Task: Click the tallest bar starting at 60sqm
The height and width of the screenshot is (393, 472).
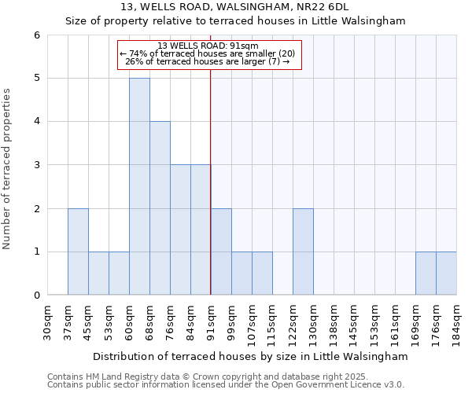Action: click(139, 186)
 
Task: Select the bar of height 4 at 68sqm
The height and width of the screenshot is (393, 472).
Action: click(160, 208)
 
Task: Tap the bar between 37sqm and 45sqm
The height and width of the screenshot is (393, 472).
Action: click(78, 252)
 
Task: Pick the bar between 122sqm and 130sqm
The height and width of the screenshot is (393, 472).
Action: click(303, 252)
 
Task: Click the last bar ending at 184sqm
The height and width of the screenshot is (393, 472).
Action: click(446, 274)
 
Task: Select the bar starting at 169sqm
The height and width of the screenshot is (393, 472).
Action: click(426, 274)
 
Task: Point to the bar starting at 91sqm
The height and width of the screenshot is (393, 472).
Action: click(221, 252)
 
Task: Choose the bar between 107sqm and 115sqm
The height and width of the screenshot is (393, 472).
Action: click(262, 274)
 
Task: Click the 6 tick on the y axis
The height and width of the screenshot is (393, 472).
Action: click(36, 35)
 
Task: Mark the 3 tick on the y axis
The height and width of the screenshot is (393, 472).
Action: click(36, 165)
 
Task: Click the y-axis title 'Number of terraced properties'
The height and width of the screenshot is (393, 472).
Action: click(8, 168)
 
